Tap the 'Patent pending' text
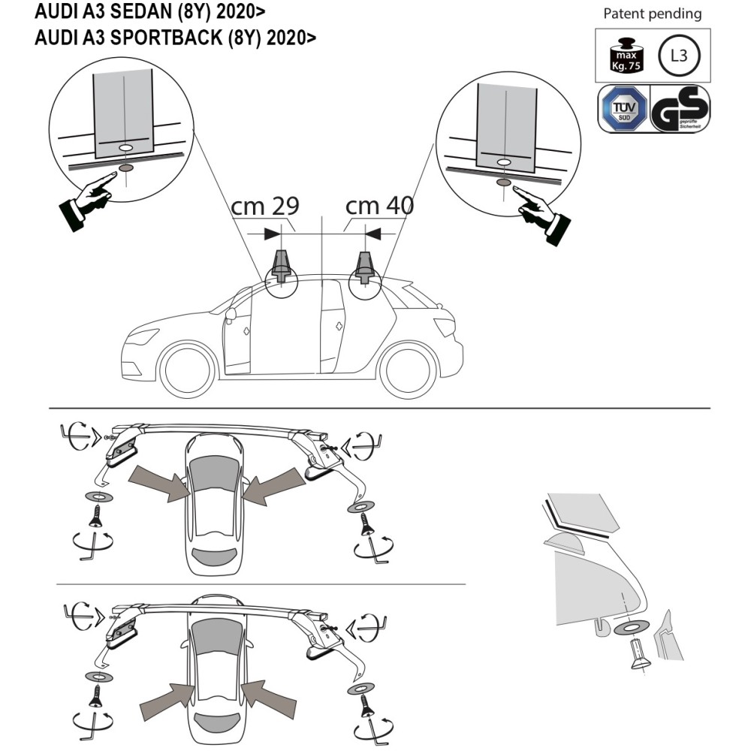coord(652,14)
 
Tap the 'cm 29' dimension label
coord(264,206)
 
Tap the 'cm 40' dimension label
coord(379,206)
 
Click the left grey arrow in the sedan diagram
coord(158,483)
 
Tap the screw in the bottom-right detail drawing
coord(638,654)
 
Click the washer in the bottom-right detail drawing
coord(630,628)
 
